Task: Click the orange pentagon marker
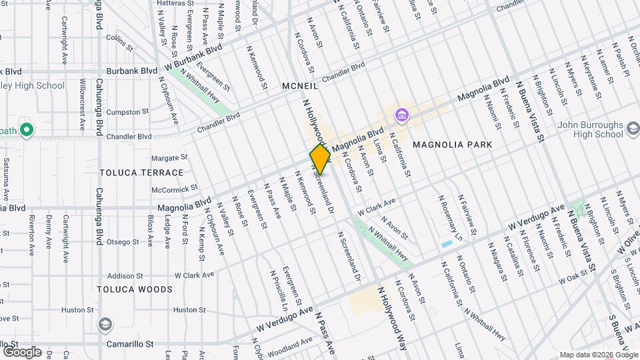(x=321, y=159)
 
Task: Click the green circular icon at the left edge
(x=27, y=129)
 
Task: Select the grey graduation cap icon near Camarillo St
(x=105, y=325)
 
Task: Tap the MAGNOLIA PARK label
(x=452, y=145)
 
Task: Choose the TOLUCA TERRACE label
(x=141, y=173)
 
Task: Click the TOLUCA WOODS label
(x=135, y=289)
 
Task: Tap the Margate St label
(x=169, y=158)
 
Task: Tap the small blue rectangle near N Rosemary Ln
(x=446, y=244)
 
